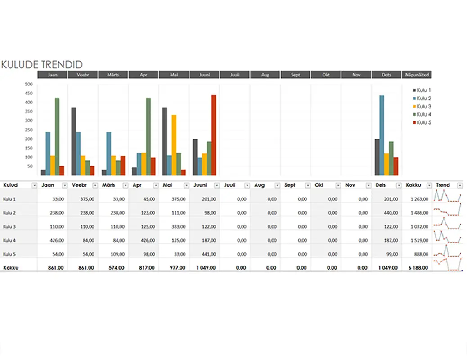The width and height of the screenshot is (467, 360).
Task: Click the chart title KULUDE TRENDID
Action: pos(42,65)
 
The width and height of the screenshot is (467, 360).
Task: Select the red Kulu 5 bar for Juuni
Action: pos(214,135)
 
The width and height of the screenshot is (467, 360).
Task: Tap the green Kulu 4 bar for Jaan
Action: pos(57,137)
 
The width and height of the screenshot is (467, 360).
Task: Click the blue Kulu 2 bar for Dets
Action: pos(382,135)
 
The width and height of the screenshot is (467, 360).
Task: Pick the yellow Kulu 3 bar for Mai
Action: pos(174,145)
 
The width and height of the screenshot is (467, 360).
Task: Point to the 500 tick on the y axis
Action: pos(29,84)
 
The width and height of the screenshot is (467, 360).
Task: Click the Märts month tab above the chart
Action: pos(113,75)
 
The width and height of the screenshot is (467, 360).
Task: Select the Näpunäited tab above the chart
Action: pos(417,75)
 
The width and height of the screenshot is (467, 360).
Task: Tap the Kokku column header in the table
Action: pos(413,185)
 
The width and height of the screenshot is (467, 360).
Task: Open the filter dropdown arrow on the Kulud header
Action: pos(34,185)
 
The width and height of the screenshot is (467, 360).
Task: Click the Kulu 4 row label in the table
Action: pos(9,240)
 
